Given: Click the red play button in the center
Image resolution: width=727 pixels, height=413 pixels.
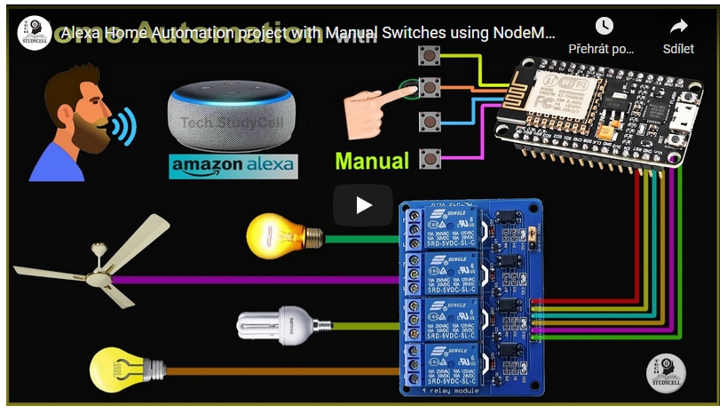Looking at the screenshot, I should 363,205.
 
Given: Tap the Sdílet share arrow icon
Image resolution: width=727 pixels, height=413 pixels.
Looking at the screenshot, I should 679,27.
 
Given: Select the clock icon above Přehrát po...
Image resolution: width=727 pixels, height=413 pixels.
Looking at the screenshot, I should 604,27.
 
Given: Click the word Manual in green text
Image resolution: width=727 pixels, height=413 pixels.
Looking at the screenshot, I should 372,161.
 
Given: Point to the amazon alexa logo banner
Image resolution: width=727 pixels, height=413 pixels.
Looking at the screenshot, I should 233,166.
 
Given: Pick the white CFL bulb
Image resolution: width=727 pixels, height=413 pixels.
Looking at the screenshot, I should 276,324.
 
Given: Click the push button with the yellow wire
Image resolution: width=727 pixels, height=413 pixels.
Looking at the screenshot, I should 430,58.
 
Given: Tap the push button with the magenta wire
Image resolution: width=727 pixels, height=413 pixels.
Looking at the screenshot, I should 430,159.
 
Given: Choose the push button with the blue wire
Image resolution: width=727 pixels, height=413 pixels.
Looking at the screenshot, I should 430,121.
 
